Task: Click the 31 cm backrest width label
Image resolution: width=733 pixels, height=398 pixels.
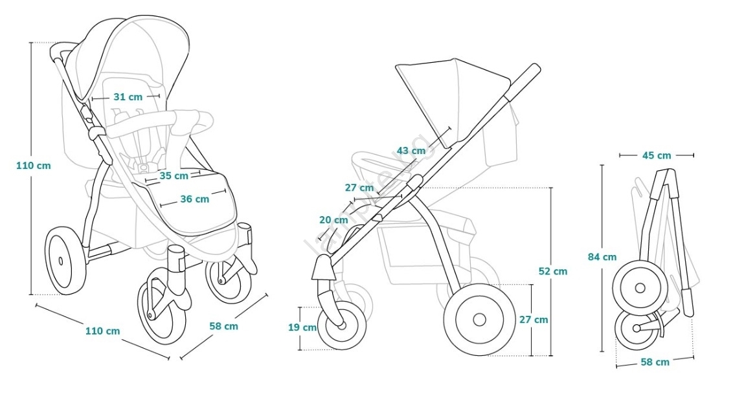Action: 128,97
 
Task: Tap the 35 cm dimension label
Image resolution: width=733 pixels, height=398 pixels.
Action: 173,175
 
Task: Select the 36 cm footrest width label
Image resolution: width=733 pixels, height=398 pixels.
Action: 194,199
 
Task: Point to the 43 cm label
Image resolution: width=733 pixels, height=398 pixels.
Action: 411,151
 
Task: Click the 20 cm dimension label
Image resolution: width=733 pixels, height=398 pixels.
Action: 333,220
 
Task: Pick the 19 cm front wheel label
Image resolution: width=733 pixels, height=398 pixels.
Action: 302,327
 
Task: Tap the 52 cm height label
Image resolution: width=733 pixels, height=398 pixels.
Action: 552,271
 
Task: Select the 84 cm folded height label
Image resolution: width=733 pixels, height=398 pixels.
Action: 602,257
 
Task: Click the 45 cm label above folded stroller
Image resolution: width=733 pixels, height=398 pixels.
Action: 656,155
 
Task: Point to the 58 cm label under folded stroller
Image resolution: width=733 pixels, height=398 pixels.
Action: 655,362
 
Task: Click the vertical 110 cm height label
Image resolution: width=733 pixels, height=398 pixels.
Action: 33,165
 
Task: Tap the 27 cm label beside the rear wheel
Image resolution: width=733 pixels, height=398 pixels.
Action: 534,320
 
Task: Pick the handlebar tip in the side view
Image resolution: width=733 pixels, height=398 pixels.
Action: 535,69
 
